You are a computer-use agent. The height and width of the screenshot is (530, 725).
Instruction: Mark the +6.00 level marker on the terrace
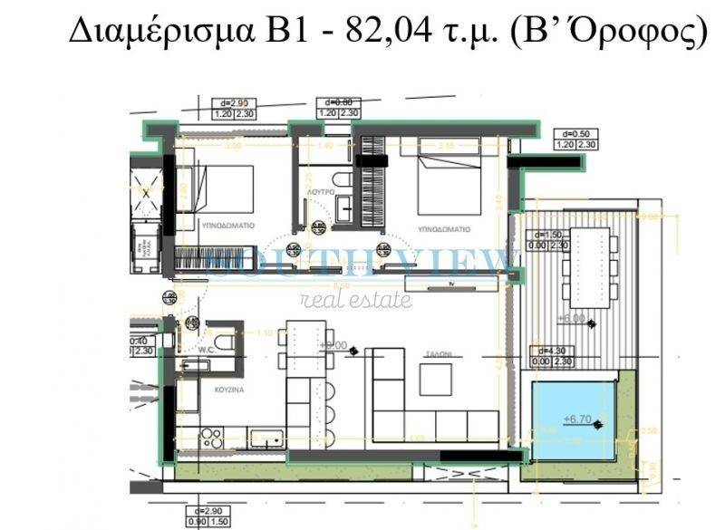[571, 319]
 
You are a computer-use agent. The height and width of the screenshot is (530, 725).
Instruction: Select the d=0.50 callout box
[575, 139]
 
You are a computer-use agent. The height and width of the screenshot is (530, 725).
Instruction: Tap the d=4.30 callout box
[552, 356]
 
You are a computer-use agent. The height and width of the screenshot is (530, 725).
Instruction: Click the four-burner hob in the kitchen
[211, 438]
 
